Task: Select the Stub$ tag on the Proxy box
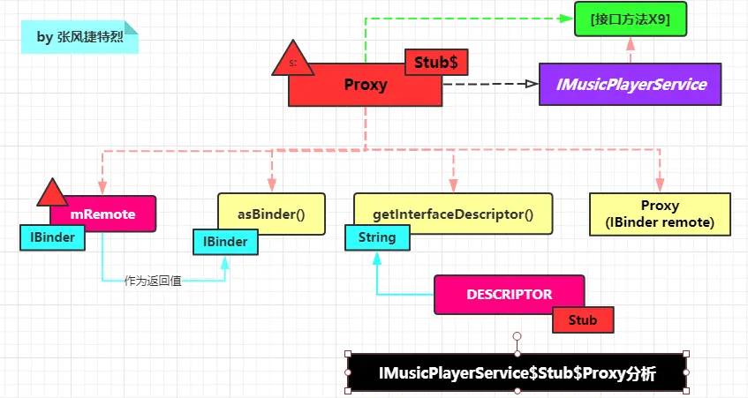coord(436,63)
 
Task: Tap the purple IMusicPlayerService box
coord(631,85)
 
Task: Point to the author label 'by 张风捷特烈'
coord(79,37)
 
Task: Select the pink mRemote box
coord(103,214)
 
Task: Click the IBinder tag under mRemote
coord(52,237)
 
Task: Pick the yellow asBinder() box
coord(271,214)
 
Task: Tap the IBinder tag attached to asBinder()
coord(225,241)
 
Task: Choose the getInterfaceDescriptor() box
coord(453,214)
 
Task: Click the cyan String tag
coord(377,237)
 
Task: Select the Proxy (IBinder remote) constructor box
coord(660,214)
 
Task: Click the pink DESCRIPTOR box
coord(509,294)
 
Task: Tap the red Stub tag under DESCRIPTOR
coord(582,319)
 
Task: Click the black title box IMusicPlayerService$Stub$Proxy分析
coord(517,373)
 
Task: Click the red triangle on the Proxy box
coord(293,59)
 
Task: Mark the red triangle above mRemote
coord(52,193)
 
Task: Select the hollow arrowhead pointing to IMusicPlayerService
coord(531,84)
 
